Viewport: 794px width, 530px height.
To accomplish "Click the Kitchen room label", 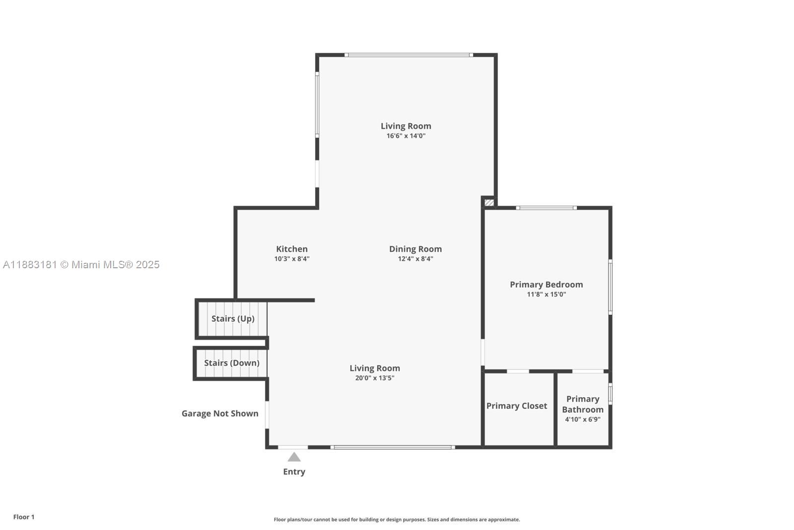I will pos(292,249).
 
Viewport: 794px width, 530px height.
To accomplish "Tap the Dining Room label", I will pos(415,249).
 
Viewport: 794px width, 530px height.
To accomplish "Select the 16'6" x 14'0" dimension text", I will pos(406,136).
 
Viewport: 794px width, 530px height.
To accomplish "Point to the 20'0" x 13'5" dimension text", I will pos(375,378).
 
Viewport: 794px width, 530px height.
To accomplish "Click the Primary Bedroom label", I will pos(546,285).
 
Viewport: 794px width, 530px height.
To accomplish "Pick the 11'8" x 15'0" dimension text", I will pos(546,295).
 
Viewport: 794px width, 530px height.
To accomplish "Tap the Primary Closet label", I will pos(517,406).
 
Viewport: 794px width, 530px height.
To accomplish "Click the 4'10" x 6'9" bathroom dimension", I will pos(583,419).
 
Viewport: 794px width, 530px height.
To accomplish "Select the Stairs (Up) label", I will pos(233,318).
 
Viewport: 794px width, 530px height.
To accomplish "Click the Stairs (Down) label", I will pos(232,363).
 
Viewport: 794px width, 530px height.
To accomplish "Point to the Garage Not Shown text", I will pos(220,413).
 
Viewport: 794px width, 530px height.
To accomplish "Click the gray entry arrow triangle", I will pos(294,457).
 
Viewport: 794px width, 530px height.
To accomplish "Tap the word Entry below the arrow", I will pos(294,472).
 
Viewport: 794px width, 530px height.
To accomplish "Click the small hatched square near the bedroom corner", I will pos(489,203).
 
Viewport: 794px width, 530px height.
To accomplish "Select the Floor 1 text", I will pos(24,517).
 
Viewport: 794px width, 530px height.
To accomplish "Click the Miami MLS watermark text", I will pos(81,265).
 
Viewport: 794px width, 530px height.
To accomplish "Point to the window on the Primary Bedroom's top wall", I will pos(546,208).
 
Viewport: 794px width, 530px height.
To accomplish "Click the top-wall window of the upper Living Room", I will pos(408,55).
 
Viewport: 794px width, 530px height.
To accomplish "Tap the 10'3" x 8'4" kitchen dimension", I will pos(292,259).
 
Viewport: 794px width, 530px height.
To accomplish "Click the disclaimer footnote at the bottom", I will pos(397,520).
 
